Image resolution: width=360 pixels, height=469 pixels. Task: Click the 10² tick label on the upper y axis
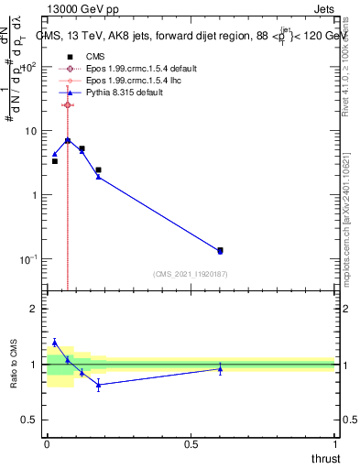[x=29, y=67]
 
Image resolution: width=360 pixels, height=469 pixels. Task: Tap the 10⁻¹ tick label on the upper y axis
[x=29, y=259]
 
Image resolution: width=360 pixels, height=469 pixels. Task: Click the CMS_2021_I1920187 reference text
[x=191, y=274]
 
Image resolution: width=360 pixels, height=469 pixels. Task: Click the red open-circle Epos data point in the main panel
[x=68, y=105]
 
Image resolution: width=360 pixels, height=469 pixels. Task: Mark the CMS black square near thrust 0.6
[x=220, y=250]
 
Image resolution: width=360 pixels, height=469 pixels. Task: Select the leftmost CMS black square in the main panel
[x=54, y=161]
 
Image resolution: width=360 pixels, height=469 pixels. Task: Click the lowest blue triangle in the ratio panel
[x=98, y=386]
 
